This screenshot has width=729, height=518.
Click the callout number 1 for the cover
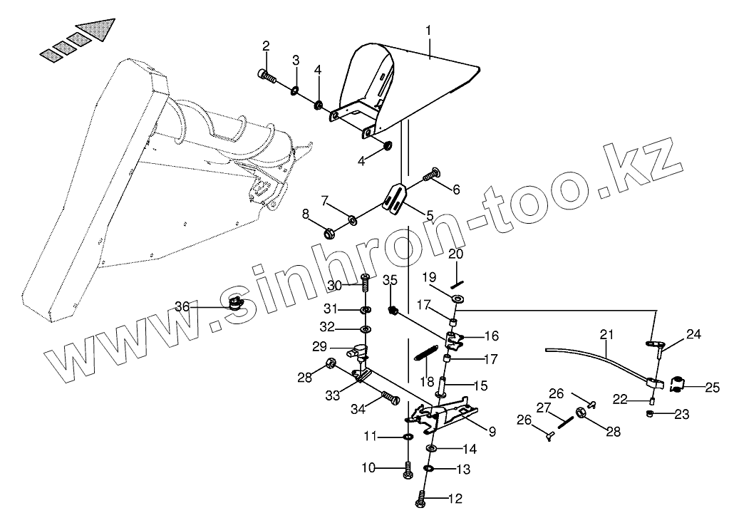(x=428, y=31)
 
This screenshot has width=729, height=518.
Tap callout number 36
(x=183, y=306)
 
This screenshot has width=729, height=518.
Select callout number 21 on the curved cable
(x=606, y=333)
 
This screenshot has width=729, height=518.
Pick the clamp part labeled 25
(x=676, y=384)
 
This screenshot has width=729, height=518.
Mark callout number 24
(x=693, y=333)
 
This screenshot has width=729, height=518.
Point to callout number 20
(x=455, y=254)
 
